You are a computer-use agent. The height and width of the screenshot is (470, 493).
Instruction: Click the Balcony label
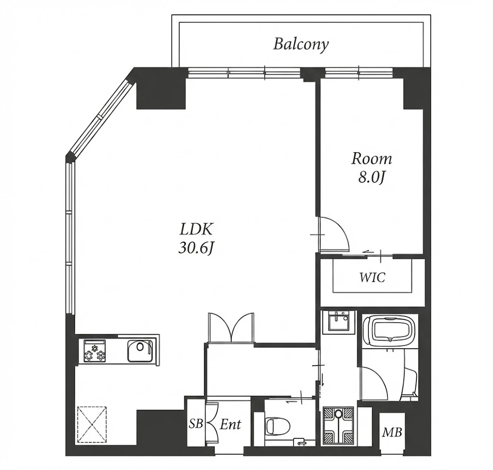pos(300,44)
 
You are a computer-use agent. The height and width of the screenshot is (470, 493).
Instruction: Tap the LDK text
pos(196,229)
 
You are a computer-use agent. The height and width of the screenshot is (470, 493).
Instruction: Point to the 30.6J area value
pos(196,249)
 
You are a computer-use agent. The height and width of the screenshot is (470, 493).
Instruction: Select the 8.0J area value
pos(372,178)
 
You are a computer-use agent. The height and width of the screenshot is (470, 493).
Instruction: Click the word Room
pos(372,159)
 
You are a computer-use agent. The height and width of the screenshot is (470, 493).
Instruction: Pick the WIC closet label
pos(372,278)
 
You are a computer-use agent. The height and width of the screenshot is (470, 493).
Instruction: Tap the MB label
pos(392,432)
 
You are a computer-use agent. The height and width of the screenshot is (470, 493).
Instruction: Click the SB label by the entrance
pos(195,424)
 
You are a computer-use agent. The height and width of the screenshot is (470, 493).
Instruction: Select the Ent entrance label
pos(231,424)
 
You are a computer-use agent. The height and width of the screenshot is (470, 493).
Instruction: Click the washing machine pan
pos(338,426)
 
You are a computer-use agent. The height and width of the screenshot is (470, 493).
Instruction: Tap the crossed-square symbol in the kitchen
pos(92,424)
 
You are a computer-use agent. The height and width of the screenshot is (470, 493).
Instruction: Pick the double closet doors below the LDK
pos(231,328)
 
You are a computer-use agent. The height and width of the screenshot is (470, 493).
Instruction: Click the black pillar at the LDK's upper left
pos(161,93)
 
